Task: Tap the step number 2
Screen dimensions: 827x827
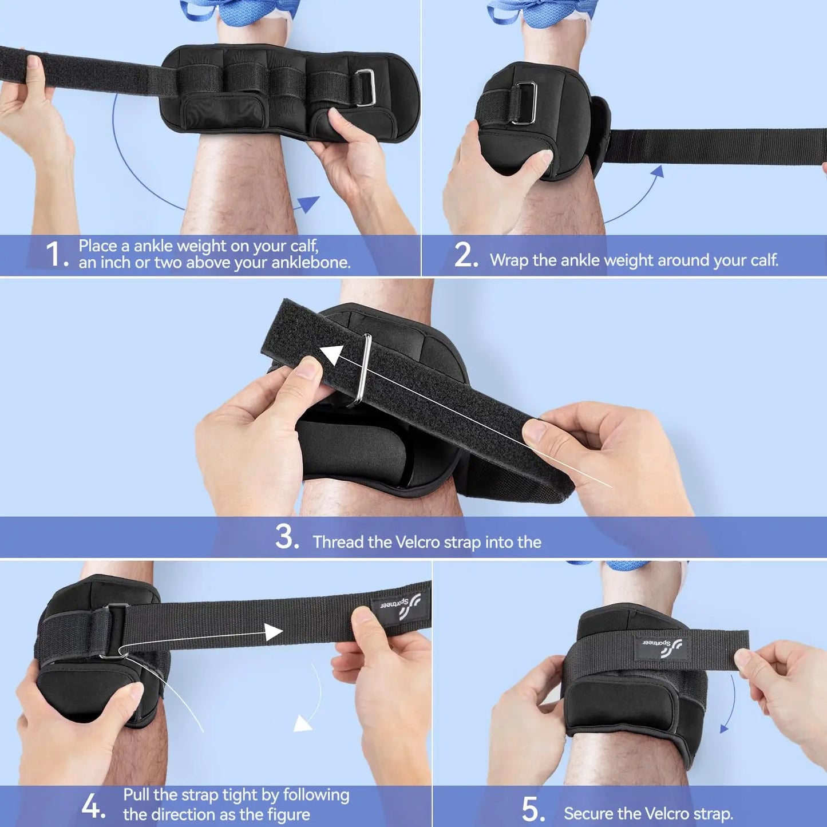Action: [x=465, y=255]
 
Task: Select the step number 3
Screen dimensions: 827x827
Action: [x=286, y=537]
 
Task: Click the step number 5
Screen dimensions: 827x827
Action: [x=532, y=809]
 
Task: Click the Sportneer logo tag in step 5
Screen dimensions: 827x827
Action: [x=662, y=646]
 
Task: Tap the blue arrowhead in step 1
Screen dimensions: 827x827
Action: [x=308, y=203]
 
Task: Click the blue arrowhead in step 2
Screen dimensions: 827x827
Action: [x=658, y=171]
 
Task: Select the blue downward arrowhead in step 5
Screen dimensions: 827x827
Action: [x=725, y=728]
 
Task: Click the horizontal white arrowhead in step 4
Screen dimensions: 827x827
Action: [x=274, y=632]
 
